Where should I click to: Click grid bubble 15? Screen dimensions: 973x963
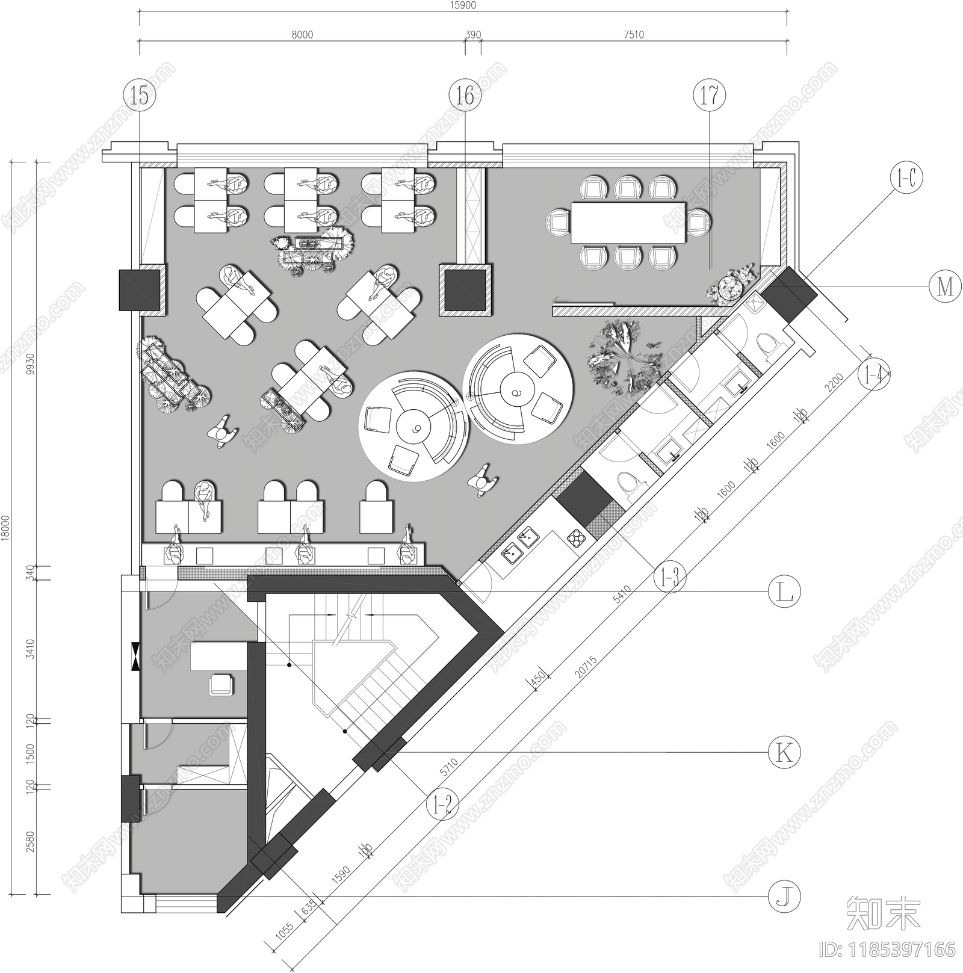pyautogui.click(x=139, y=95)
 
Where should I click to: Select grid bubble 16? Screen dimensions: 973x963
pyautogui.click(x=465, y=95)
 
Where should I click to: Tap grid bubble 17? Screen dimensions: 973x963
pyautogui.click(x=710, y=95)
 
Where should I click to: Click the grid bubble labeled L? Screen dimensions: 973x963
pyautogui.click(x=785, y=592)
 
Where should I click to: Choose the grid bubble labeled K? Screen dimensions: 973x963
pyautogui.click(x=785, y=752)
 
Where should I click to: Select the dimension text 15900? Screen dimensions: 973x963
pyautogui.click(x=463, y=5)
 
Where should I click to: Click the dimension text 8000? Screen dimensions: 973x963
pyautogui.click(x=302, y=35)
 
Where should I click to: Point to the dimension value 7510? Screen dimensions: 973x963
pyautogui.click(x=633, y=35)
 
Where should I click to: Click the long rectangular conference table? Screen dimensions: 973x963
pyautogui.click(x=628, y=222)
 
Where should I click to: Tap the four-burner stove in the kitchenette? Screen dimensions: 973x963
pyautogui.click(x=577, y=537)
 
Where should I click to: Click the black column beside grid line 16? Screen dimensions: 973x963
pyautogui.click(x=465, y=289)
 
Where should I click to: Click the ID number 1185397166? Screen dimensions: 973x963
pyautogui.click(x=887, y=950)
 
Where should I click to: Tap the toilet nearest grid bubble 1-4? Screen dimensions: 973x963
pyautogui.click(x=771, y=345)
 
